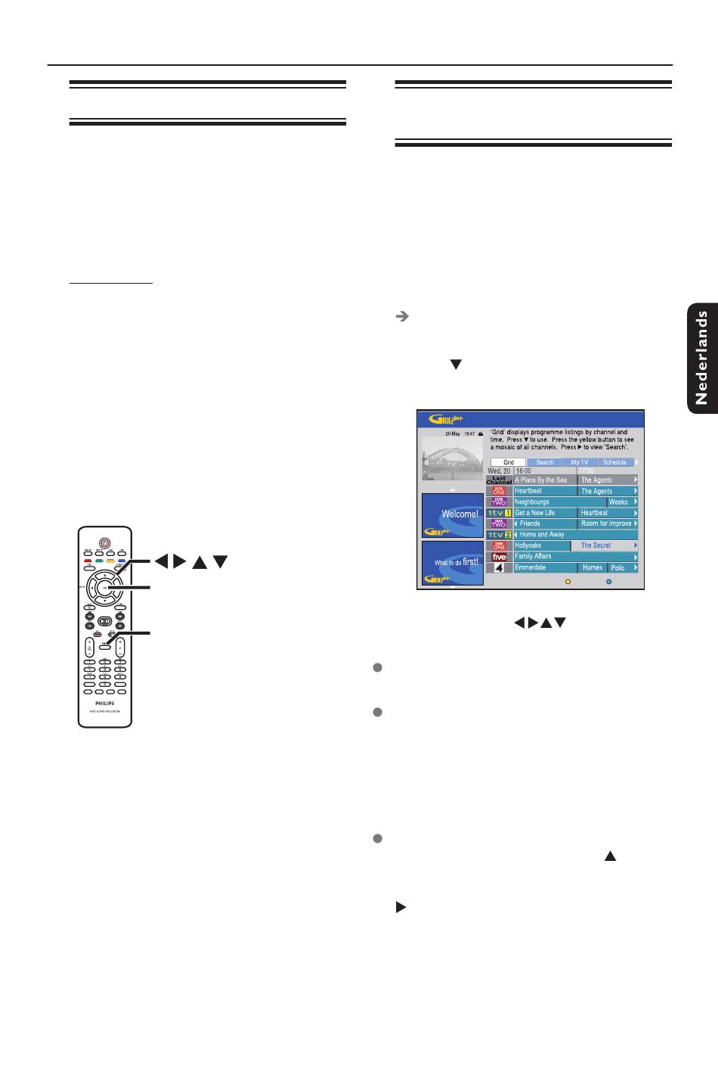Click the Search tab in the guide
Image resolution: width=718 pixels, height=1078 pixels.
[x=545, y=462]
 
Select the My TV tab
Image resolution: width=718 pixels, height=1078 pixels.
[x=579, y=462]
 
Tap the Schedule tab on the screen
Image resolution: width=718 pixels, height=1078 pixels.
[x=614, y=462]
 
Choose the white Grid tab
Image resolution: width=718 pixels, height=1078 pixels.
[x=508, y=462]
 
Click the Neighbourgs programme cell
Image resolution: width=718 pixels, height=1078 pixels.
[x=560, y=502]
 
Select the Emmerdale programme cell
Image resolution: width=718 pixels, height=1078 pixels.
[x=545, y=567]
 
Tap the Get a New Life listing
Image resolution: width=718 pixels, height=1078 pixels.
[x=545, y=513]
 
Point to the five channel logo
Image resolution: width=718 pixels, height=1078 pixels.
[x=499, y=557]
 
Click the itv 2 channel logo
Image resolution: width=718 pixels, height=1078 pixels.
[x=499, y=535]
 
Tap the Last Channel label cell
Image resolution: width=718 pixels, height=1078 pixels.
[x=499, y=480]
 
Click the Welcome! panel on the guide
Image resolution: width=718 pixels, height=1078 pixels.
[x=452, y=515]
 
